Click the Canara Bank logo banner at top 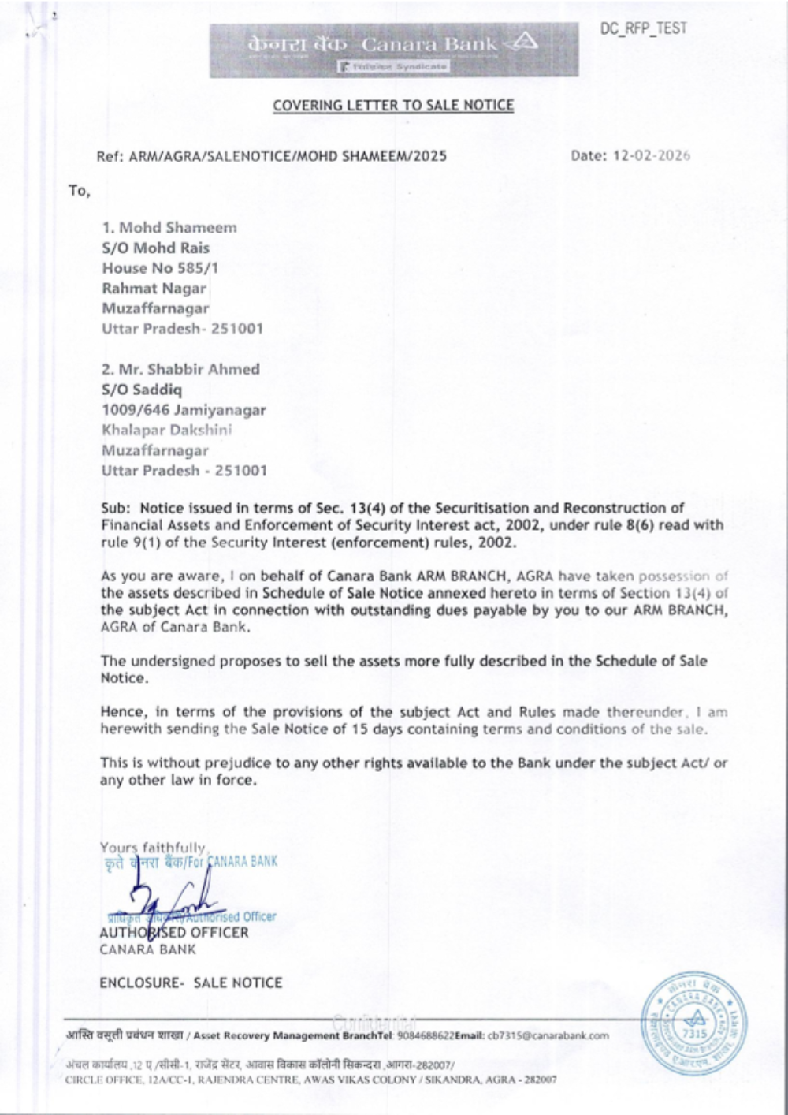coord(393,50)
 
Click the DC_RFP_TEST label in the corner coord(643,28)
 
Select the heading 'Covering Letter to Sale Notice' coord(393,105)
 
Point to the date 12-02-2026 coord(651,155)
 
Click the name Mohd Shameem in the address coord(177,228)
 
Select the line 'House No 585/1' coord(161,268)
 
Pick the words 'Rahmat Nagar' coord(154,289)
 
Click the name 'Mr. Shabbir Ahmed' coord(188,369)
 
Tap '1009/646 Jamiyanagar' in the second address coord(184,410)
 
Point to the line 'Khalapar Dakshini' coord(166,431)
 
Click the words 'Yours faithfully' coord(153,848)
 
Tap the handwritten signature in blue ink coord(169,899)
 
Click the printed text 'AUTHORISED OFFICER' coord(174,933)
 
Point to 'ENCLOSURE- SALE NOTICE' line coord(191,983)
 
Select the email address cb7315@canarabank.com coord(548,1035)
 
